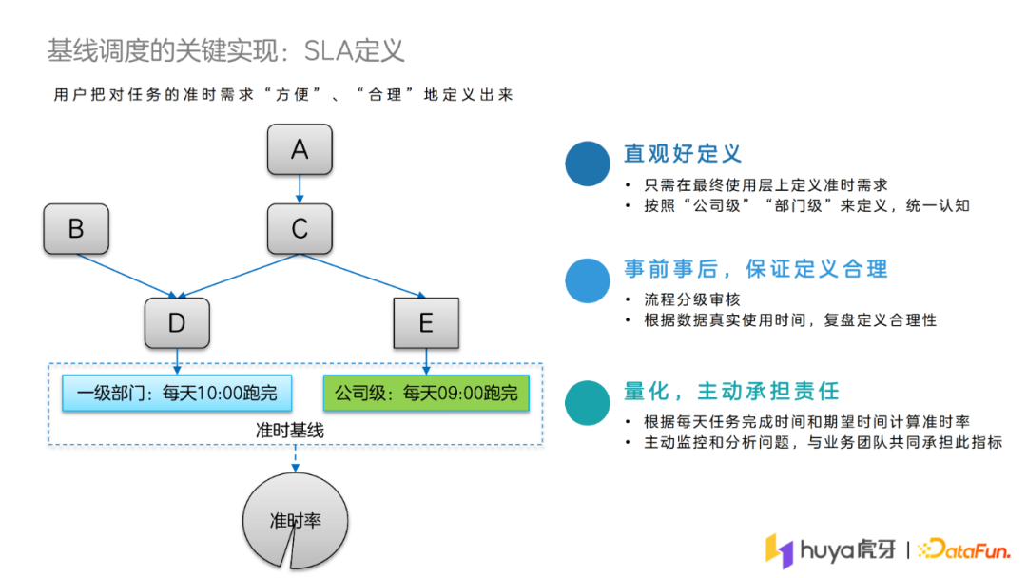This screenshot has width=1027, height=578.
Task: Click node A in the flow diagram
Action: (x=300, y=149)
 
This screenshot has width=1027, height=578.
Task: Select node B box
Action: (x=76, y=229)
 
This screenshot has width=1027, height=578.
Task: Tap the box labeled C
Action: (x=300, y=229)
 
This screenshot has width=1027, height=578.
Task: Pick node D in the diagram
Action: (x=177, y=323)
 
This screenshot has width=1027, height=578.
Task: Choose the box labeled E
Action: (x=426, y=323)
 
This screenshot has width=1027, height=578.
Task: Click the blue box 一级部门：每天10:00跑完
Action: (x=177, y=393)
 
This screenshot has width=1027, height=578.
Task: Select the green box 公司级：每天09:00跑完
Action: (x=425, y=393)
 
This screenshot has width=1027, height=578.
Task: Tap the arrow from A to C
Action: (x=300, y=189)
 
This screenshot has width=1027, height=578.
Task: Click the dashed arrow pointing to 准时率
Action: (x=295, y=459)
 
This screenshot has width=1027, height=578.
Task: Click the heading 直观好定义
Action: (x=683, y=153)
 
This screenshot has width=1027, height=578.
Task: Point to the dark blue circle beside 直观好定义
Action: (x=588, y=164)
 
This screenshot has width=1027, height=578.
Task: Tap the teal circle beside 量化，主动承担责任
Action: (x=588, y=402)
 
